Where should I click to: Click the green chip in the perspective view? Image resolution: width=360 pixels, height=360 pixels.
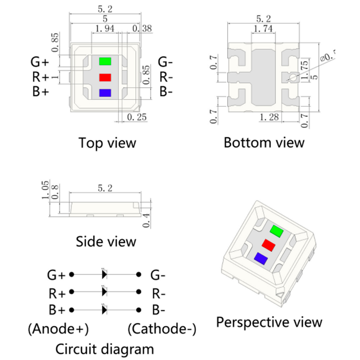point(277,231)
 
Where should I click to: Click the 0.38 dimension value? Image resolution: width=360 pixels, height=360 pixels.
point(142,28)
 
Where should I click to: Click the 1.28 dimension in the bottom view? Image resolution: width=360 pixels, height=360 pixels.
point(269,117)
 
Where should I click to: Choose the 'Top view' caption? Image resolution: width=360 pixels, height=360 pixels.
point(107,143)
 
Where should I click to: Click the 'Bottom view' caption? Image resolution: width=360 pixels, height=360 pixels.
point(264,143)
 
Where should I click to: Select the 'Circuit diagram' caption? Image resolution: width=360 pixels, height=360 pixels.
point(104,349)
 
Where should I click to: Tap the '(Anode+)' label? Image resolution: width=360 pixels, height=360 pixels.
point(58,329)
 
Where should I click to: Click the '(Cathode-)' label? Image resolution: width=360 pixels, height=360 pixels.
point(162,329)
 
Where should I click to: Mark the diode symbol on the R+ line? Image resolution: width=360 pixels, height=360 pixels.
point(104,292)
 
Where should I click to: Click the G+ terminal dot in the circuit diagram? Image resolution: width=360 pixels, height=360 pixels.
point(72,275)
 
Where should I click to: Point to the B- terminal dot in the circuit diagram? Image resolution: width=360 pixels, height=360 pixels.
point(138,310)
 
